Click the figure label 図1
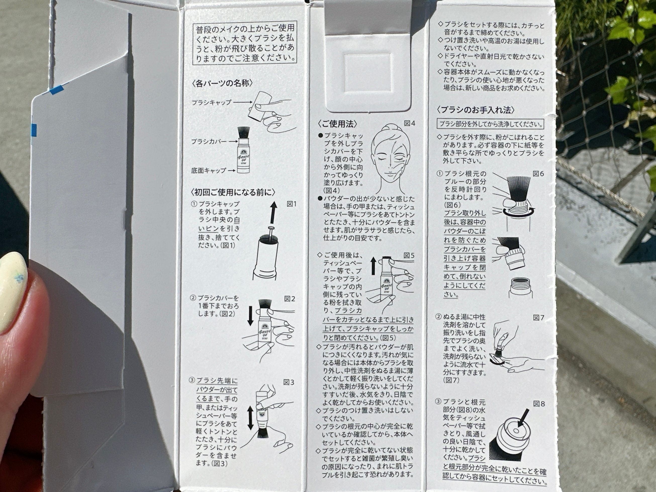point(291,204)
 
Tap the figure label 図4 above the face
point(409,123)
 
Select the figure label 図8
point(539,404)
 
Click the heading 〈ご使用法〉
point(337,124)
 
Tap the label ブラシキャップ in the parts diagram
point(211,103)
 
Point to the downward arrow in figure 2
point(251,316)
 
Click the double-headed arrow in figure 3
point(250,418)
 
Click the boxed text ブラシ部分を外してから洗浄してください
point(490,124)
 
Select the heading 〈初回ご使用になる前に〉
point(233,192)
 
